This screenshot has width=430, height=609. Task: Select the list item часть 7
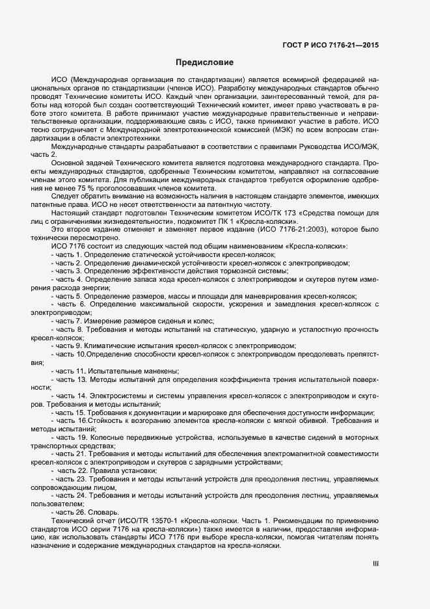[x=69, y=321]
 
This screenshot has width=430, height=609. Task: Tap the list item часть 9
[x=69, y=345]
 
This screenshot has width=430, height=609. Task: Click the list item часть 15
[x=71, y=412]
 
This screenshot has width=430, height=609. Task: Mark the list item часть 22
[x=72, y=470]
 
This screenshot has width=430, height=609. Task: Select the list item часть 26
[x=71, y=512]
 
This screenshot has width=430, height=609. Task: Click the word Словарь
[x=103, y=512]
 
